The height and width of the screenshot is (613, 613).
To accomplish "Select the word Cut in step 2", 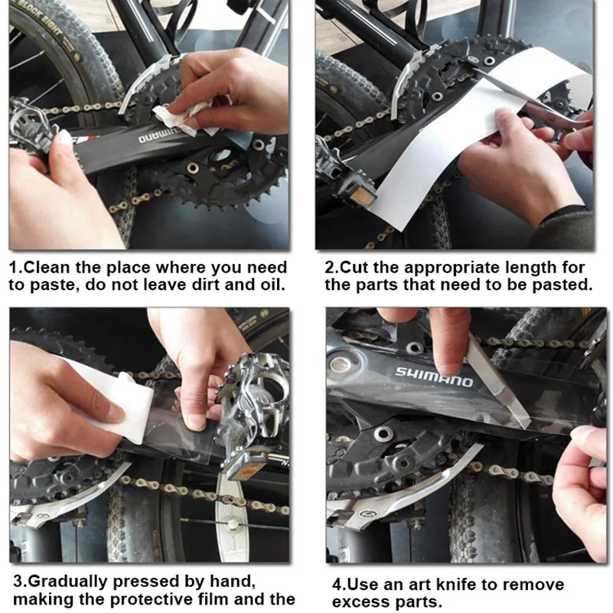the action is [354, 268].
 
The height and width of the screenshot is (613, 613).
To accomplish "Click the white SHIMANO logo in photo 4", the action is [434, 377].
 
